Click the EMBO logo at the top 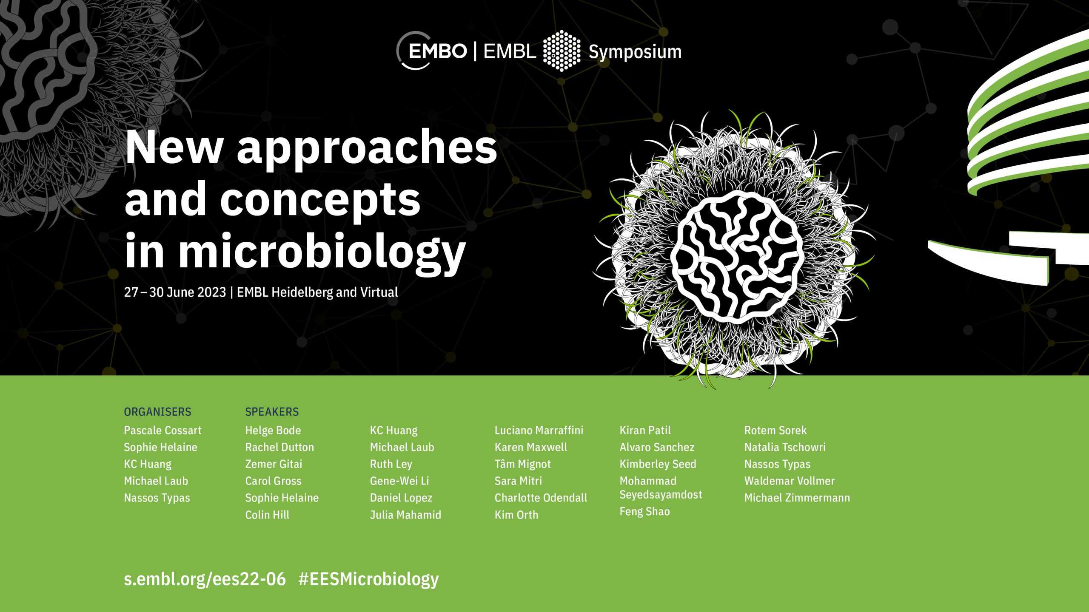click(x=431, y=51)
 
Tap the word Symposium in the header click(x=635, y=52)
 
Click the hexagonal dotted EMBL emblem click(x=562, y=51)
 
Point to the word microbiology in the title click(x=322, y=252)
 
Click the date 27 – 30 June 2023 click(x=175, y=292)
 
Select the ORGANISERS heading click(x=157, y=412)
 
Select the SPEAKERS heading click(x=272, y=412)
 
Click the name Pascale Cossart click(x=162, y=430)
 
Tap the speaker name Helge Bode click(x=273, y=430)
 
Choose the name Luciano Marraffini click(x=539, y=430)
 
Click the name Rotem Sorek click(x=775, y=430)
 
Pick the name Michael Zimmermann click(x=797, y=498)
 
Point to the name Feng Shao click(x=644, y=512)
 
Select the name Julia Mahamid click(x=405, y=515)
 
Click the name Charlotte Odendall click(x=541, y=498)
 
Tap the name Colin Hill click(x=267, y=515)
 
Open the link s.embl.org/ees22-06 click(x=205, y=579)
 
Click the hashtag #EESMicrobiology click(x=368, y=579)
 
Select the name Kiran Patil click(x=645, y=430)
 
